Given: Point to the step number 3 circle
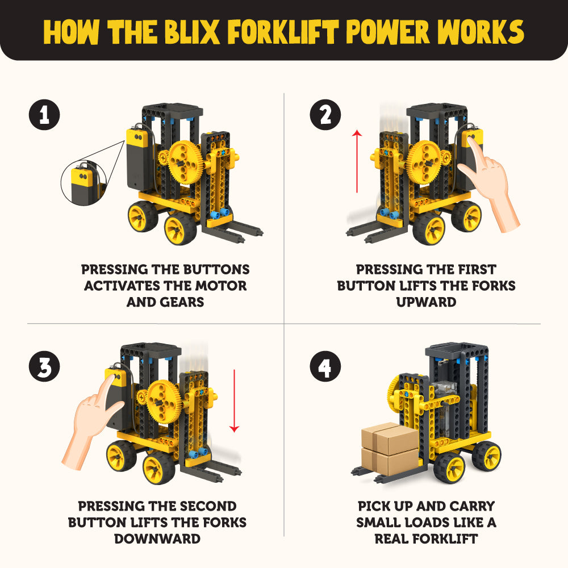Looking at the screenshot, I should pos(44,367).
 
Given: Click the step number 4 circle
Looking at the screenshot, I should pos(325,367).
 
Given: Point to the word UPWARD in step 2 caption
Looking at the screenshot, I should pos(426,302).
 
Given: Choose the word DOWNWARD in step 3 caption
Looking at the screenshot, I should pos(157,538).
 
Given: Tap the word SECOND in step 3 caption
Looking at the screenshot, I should pos(201,506).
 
